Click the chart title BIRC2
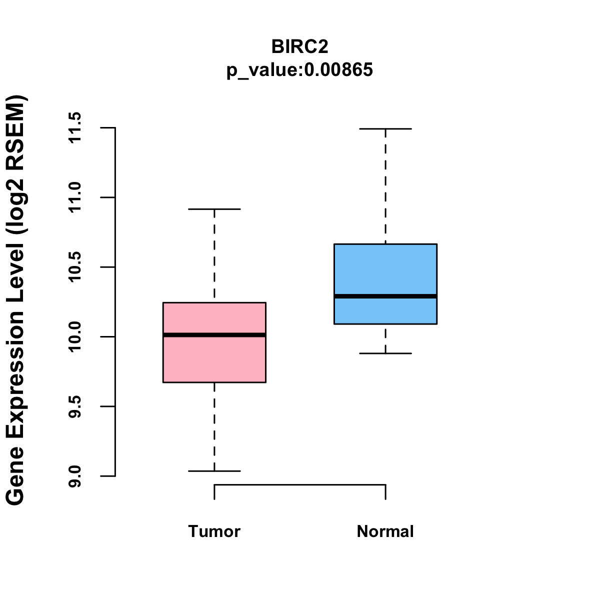(299, 46)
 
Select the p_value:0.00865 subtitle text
(299, 70)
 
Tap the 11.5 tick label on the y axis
(75, 128)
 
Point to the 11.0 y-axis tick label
(75, 197)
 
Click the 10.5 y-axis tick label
(75, 267)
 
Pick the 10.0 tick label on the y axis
(75, 336)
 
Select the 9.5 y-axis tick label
(75, 406)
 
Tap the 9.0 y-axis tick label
(75, 476)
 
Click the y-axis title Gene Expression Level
(16, 300)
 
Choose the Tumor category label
(214, 531)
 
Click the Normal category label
(385, 531)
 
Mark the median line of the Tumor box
(214, 335)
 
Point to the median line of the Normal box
(385, 296)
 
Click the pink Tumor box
(214, 360)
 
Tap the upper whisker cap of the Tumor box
(214, 209)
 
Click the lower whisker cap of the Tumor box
(214, 471)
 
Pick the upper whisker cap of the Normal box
(385, 129)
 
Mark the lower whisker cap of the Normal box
(385, 353)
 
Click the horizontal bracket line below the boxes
(300, 484)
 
